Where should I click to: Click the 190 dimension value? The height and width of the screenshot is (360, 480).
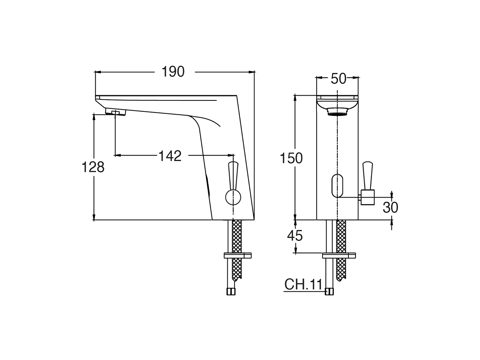(x=173, y=72)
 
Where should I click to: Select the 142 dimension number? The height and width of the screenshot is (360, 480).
(x=169, y=156)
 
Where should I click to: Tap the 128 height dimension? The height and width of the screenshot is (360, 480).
(x=93, y=167)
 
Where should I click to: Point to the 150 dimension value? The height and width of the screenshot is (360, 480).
(x=291, y=159)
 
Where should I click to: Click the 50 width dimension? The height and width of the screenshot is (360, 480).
(x=338, y=79)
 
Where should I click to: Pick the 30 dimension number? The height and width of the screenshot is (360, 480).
(x=390, y=207)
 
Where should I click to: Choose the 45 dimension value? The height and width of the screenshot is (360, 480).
(x=295, y=235)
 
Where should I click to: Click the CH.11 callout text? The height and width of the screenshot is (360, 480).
(x=303, y=285)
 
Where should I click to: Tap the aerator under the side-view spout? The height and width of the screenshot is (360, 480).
(x=115, y=112)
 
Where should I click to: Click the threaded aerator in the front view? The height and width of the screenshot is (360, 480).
(x=337, y=111)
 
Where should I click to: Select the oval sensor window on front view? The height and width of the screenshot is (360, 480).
(x=337, y=186)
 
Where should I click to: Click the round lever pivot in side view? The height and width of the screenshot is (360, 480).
(x=233, y=197)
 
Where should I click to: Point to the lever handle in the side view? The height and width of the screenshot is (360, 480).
(x=233, y=174)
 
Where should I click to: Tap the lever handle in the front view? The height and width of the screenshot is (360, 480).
(x=367, y=175)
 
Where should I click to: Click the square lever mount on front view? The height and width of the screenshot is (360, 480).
(x=367, y=197)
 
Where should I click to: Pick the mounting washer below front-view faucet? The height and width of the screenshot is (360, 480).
(x=339, y=256)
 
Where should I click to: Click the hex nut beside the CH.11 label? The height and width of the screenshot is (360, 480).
(x=329, y=292)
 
